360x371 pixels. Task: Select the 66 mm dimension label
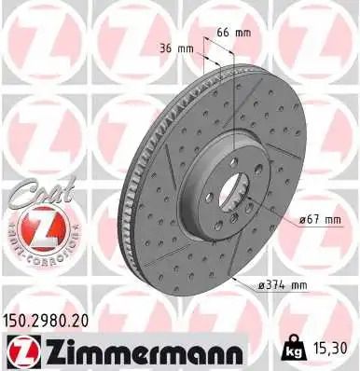[x=241, y=34]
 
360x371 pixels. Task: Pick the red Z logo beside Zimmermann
[x=20, y=350]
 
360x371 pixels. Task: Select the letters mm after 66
[x=247, y=34]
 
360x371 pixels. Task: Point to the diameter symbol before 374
[x=266, y=284]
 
